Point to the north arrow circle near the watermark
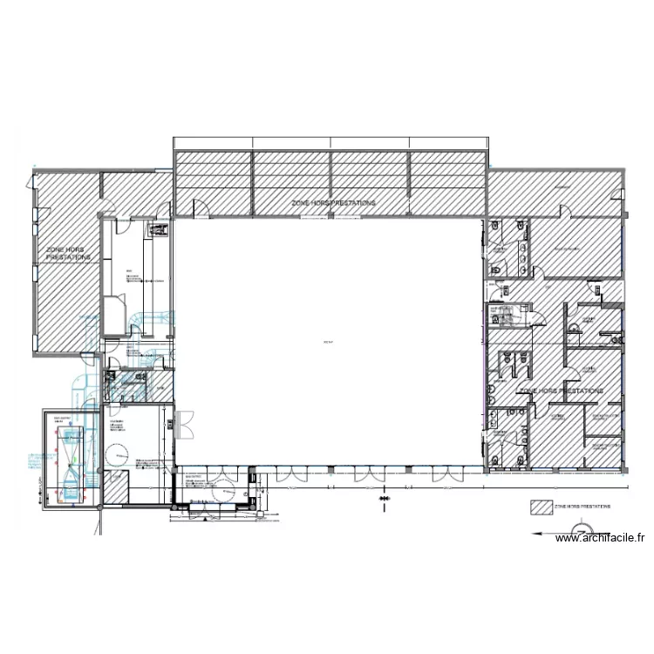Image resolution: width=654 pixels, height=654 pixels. [579, 530]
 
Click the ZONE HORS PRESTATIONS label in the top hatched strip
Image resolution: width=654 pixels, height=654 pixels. [334, 202]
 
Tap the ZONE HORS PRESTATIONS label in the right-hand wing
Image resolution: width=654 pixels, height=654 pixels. [560, 392]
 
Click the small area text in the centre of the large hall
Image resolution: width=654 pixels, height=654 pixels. [328, 341]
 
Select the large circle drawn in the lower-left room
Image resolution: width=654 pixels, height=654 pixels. [116, 454]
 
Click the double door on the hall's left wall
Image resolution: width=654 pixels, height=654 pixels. [183, 424]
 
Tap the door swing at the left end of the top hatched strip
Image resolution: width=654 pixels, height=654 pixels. [200, 208]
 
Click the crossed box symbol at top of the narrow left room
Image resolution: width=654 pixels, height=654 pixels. [159, 230]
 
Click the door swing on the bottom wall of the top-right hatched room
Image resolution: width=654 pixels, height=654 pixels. [564, 209]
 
